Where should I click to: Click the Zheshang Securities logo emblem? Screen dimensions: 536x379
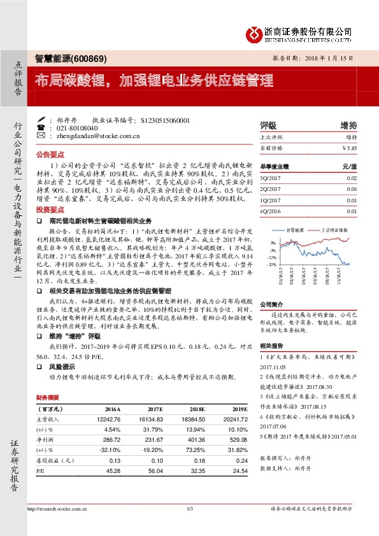(253, 32)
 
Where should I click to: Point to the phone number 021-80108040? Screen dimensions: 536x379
(77, 127)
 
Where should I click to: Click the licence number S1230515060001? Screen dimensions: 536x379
(164, 119)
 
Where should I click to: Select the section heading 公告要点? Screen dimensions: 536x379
(50, 155)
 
